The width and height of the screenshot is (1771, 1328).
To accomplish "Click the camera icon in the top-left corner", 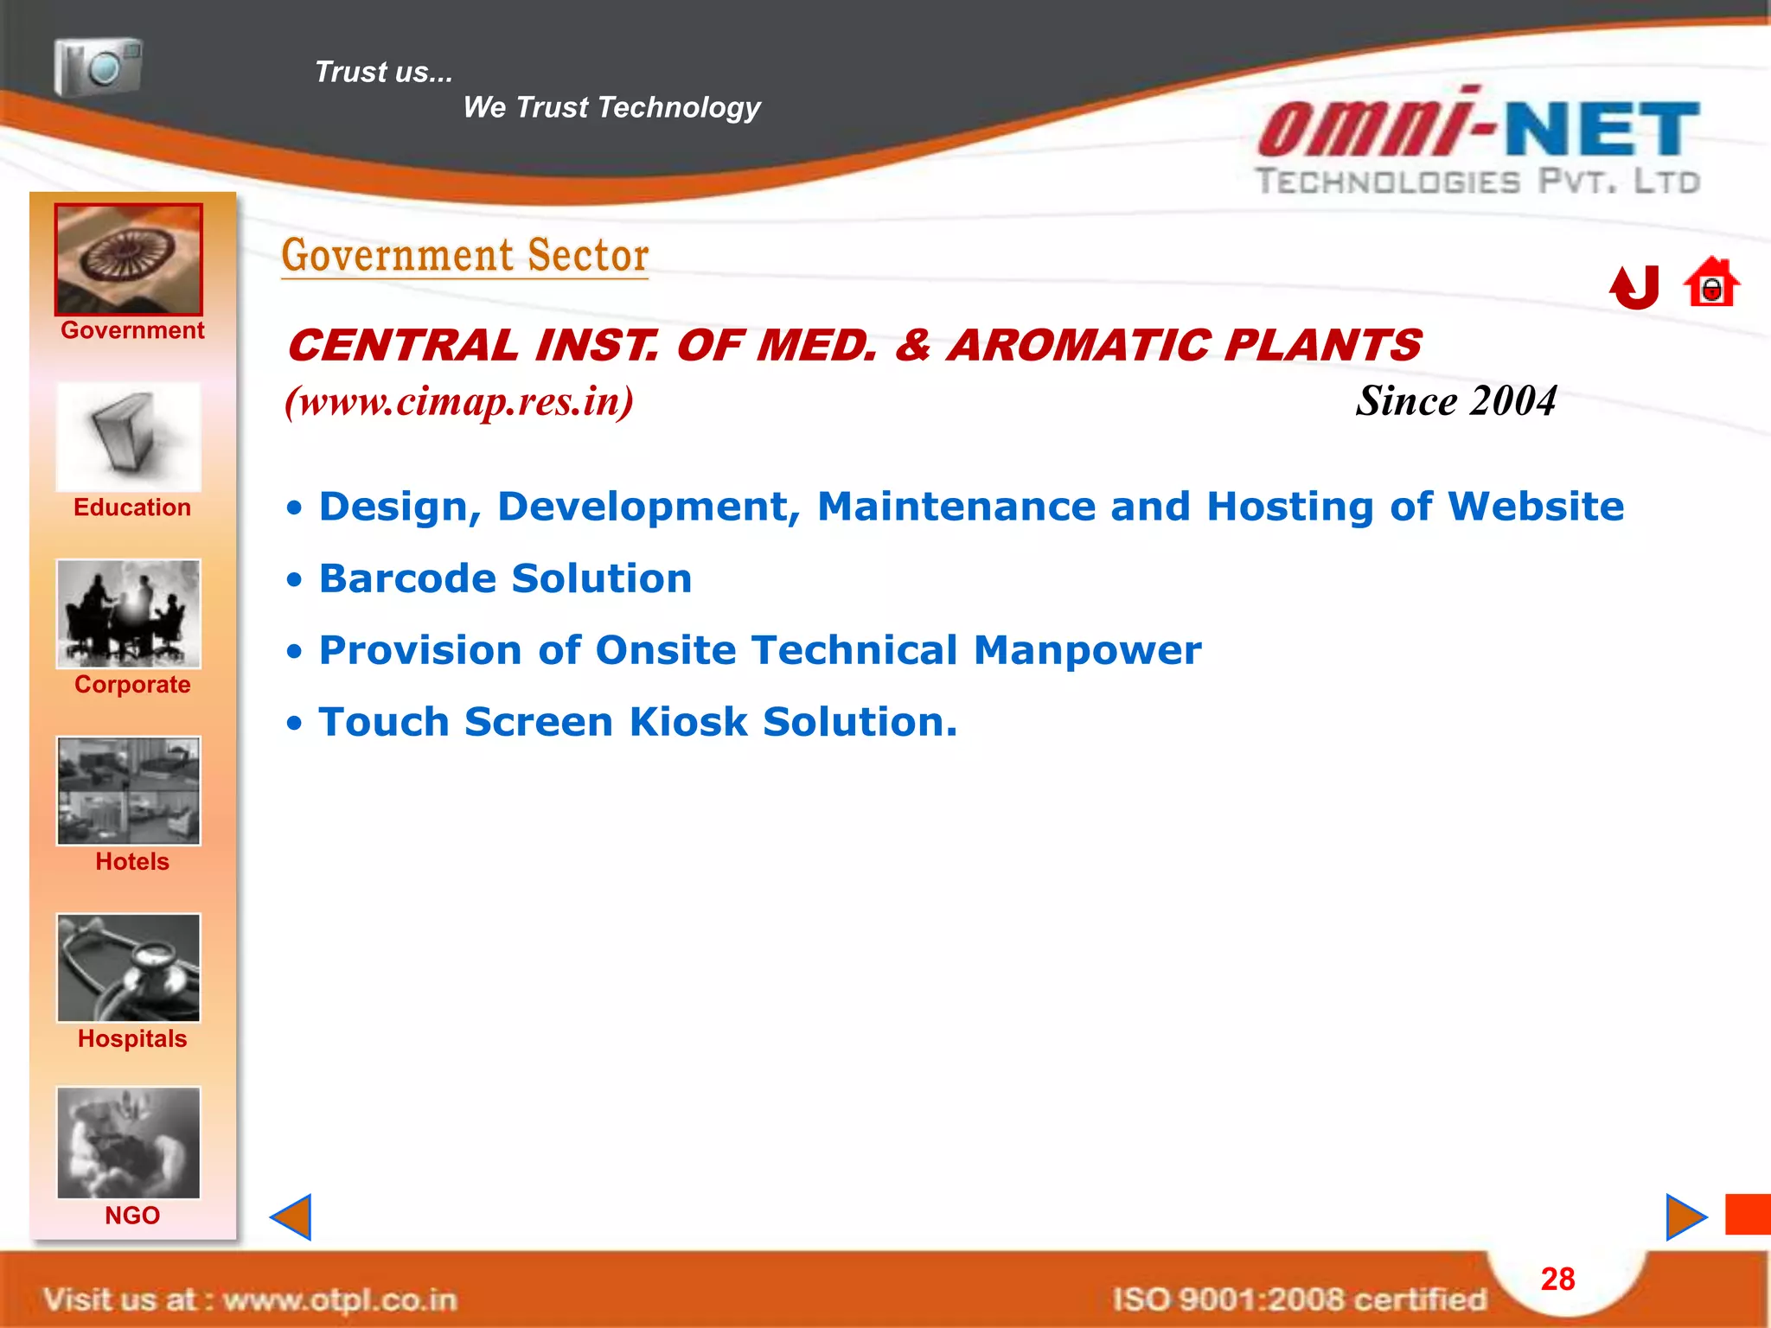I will click(x=98, y=67).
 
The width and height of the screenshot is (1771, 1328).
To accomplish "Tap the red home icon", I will click(x=1711, y=283).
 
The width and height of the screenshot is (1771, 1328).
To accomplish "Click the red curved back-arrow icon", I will click(x=1634, y=287).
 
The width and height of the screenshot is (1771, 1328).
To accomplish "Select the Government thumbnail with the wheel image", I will click(x=129, y=259).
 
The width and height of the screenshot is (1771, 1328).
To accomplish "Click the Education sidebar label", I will click(x=132, y=508).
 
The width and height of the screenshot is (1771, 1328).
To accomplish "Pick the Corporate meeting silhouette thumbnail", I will click(x=129, y=614).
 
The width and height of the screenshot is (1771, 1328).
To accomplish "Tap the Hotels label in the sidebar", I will click(x=132, y=862).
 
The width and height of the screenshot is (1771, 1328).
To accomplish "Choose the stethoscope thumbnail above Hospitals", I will click(x=129, y=968).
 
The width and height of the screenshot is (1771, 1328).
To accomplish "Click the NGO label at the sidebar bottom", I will click(x=132, y=1216).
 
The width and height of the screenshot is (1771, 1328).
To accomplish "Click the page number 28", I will click(x=1557, y=1279).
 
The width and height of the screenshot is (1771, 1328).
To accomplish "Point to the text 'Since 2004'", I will click(x=1455, y=401).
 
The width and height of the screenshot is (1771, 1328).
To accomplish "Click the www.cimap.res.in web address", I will click(x=459, y=401).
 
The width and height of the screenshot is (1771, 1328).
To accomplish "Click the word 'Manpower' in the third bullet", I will click(x=1087, y=650).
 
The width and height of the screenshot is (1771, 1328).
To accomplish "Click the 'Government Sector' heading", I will click(x=465, y=256).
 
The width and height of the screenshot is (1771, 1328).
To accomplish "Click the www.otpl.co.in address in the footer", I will click(x=339, y=1299).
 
